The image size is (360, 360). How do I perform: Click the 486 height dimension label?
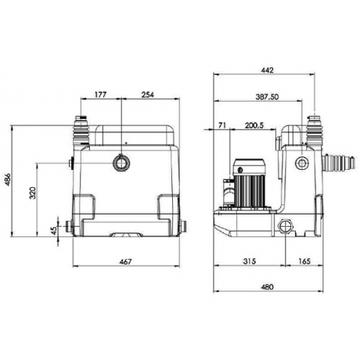(x=8, y=179)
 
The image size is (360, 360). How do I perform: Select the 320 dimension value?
(x=33, y=193)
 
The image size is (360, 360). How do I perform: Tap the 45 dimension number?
(x=54, y=231)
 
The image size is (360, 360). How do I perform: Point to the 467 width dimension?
(x=125, y=261)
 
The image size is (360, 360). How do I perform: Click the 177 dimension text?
(x=100, y=95)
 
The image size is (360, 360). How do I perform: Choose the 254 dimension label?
(x=148, y=95)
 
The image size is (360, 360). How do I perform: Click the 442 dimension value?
(x=268, y=70)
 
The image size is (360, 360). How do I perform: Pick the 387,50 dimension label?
(x=267, y=97)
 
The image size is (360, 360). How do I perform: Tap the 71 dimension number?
(x=221, y=125)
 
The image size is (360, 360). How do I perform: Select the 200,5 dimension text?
(x=254, y=125)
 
